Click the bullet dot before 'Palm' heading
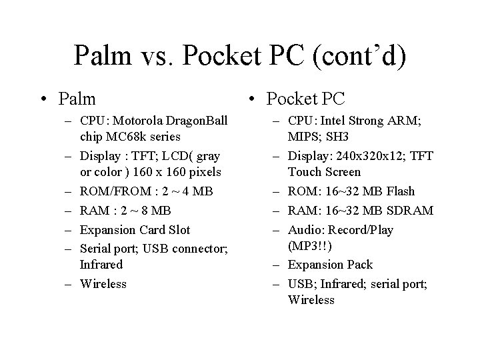43,101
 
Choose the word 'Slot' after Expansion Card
178,230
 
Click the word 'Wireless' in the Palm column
103,284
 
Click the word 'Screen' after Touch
342,172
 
